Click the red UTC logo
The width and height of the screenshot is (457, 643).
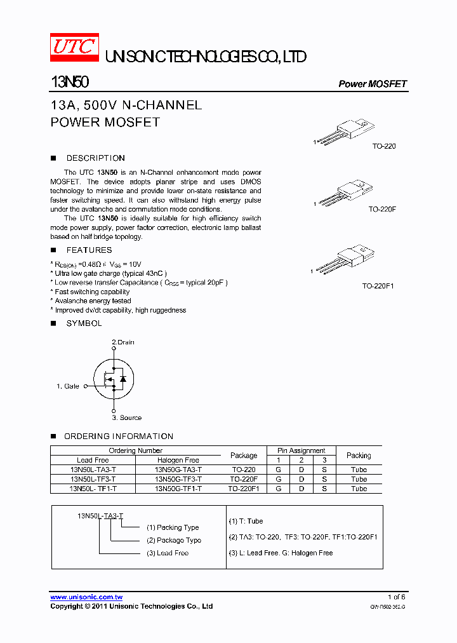(74, 48)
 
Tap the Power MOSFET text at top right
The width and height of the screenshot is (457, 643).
(372, 84)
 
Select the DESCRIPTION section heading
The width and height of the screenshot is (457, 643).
(95, 158)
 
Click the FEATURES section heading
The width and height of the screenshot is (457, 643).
(89, 250)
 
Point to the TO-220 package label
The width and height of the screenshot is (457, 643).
(383, 146)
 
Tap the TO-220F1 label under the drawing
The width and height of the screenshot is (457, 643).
(378, 287)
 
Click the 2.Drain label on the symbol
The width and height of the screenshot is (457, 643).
(123, 342)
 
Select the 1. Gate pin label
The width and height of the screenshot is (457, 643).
(68, 386)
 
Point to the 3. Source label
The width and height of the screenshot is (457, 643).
(127, 418)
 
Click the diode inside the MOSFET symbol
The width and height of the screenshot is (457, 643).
(123, 379)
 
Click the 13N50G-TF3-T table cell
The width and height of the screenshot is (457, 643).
(178, 479)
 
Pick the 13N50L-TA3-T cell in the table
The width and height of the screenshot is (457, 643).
(93, 470)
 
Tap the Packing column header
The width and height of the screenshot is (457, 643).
(359, 456)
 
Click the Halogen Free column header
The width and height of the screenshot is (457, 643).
(178, 460)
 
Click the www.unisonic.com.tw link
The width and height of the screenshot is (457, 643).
(86, 597)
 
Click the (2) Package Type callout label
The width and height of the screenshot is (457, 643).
(174, 540)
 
